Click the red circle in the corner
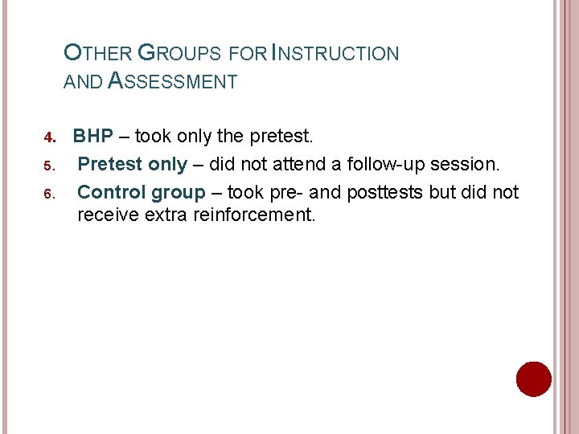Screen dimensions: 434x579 point(533,379)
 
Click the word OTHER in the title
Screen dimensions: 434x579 point(97,54)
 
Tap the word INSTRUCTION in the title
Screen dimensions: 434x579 point(335,54)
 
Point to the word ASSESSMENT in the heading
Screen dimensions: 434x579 point(172,81)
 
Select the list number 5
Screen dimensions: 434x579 point(48,166)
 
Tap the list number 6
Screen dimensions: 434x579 point(48,193)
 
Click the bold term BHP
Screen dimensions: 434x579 point(93,137)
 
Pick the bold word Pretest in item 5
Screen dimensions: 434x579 point(111,165)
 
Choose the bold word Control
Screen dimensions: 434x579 point(112,192)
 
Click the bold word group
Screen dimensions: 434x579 point(179,193)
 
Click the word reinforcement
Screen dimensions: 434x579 point(255,215)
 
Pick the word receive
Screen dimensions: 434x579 point(108,215)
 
